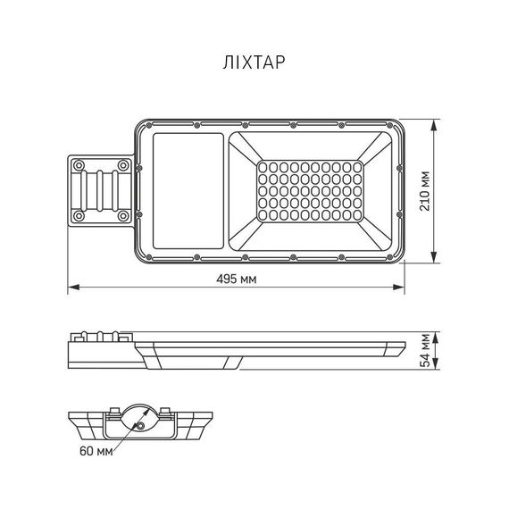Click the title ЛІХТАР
[x=254, y=63]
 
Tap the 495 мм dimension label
[x=237, y=279]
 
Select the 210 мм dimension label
[x=424, y=191]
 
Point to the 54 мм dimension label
[x=424, y=350]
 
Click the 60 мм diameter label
[x=96, y=451]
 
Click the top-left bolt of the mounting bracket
[x=79, y=165]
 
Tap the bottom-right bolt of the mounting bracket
[x=123, y=215]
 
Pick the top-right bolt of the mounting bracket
[x=123, y=165]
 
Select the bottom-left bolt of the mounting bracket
[x=79, y=215]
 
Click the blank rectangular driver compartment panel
[x=188, y=191]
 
